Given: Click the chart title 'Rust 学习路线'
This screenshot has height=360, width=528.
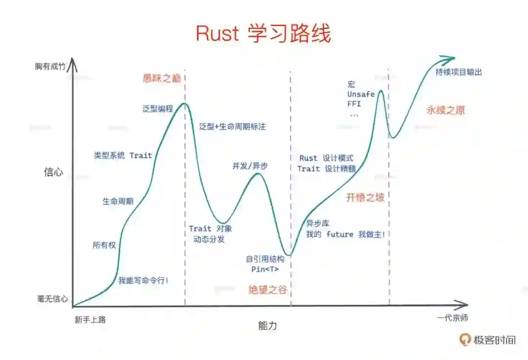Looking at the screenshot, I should click(263, 33).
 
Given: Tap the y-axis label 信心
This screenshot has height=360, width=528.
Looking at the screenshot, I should click(53, 172).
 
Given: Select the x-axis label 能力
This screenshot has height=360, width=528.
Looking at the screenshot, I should click(267, 325).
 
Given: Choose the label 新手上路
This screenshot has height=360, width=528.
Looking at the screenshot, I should click(90, 320).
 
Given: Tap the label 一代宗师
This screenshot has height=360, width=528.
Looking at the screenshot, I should click(452, 318).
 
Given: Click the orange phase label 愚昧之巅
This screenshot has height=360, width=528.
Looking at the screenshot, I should click(162, 78).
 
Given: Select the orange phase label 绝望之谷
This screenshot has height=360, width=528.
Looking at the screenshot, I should click(267, 290).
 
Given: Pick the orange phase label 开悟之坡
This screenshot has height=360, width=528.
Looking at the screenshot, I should click(365, 197).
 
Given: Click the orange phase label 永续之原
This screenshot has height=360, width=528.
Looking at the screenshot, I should click(445, 110).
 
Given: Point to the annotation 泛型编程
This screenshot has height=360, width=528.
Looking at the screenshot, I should click(158, 109).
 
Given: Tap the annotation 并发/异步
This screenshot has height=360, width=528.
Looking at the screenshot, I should click(250, 166).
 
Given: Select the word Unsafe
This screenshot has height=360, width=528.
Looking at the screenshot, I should click(361, 94).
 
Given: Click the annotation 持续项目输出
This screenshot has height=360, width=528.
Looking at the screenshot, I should click(459, 72).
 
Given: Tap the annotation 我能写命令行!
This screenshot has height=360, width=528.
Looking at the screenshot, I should click(143, 281).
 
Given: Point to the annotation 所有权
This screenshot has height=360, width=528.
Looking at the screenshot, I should click(104, 245).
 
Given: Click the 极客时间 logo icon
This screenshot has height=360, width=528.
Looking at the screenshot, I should click(465, 339).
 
